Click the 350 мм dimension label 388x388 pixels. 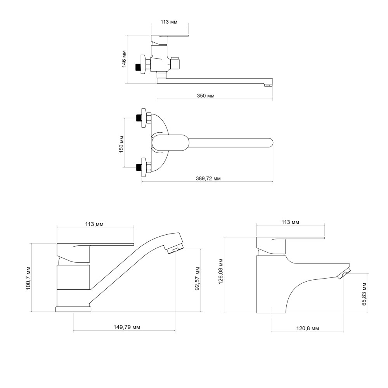pos(206,96)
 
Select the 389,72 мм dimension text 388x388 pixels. pos(208,178)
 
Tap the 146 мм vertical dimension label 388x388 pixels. pos(124,59)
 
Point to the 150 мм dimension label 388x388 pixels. pos(121,144)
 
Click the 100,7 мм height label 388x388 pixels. pos(28,278)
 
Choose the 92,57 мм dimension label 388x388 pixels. pos(197,278)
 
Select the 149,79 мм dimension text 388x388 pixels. pos(127,327)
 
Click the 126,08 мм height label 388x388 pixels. pos(220,271)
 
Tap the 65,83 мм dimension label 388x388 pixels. pos(364,294)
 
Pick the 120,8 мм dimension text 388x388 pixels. pos(308,329)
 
